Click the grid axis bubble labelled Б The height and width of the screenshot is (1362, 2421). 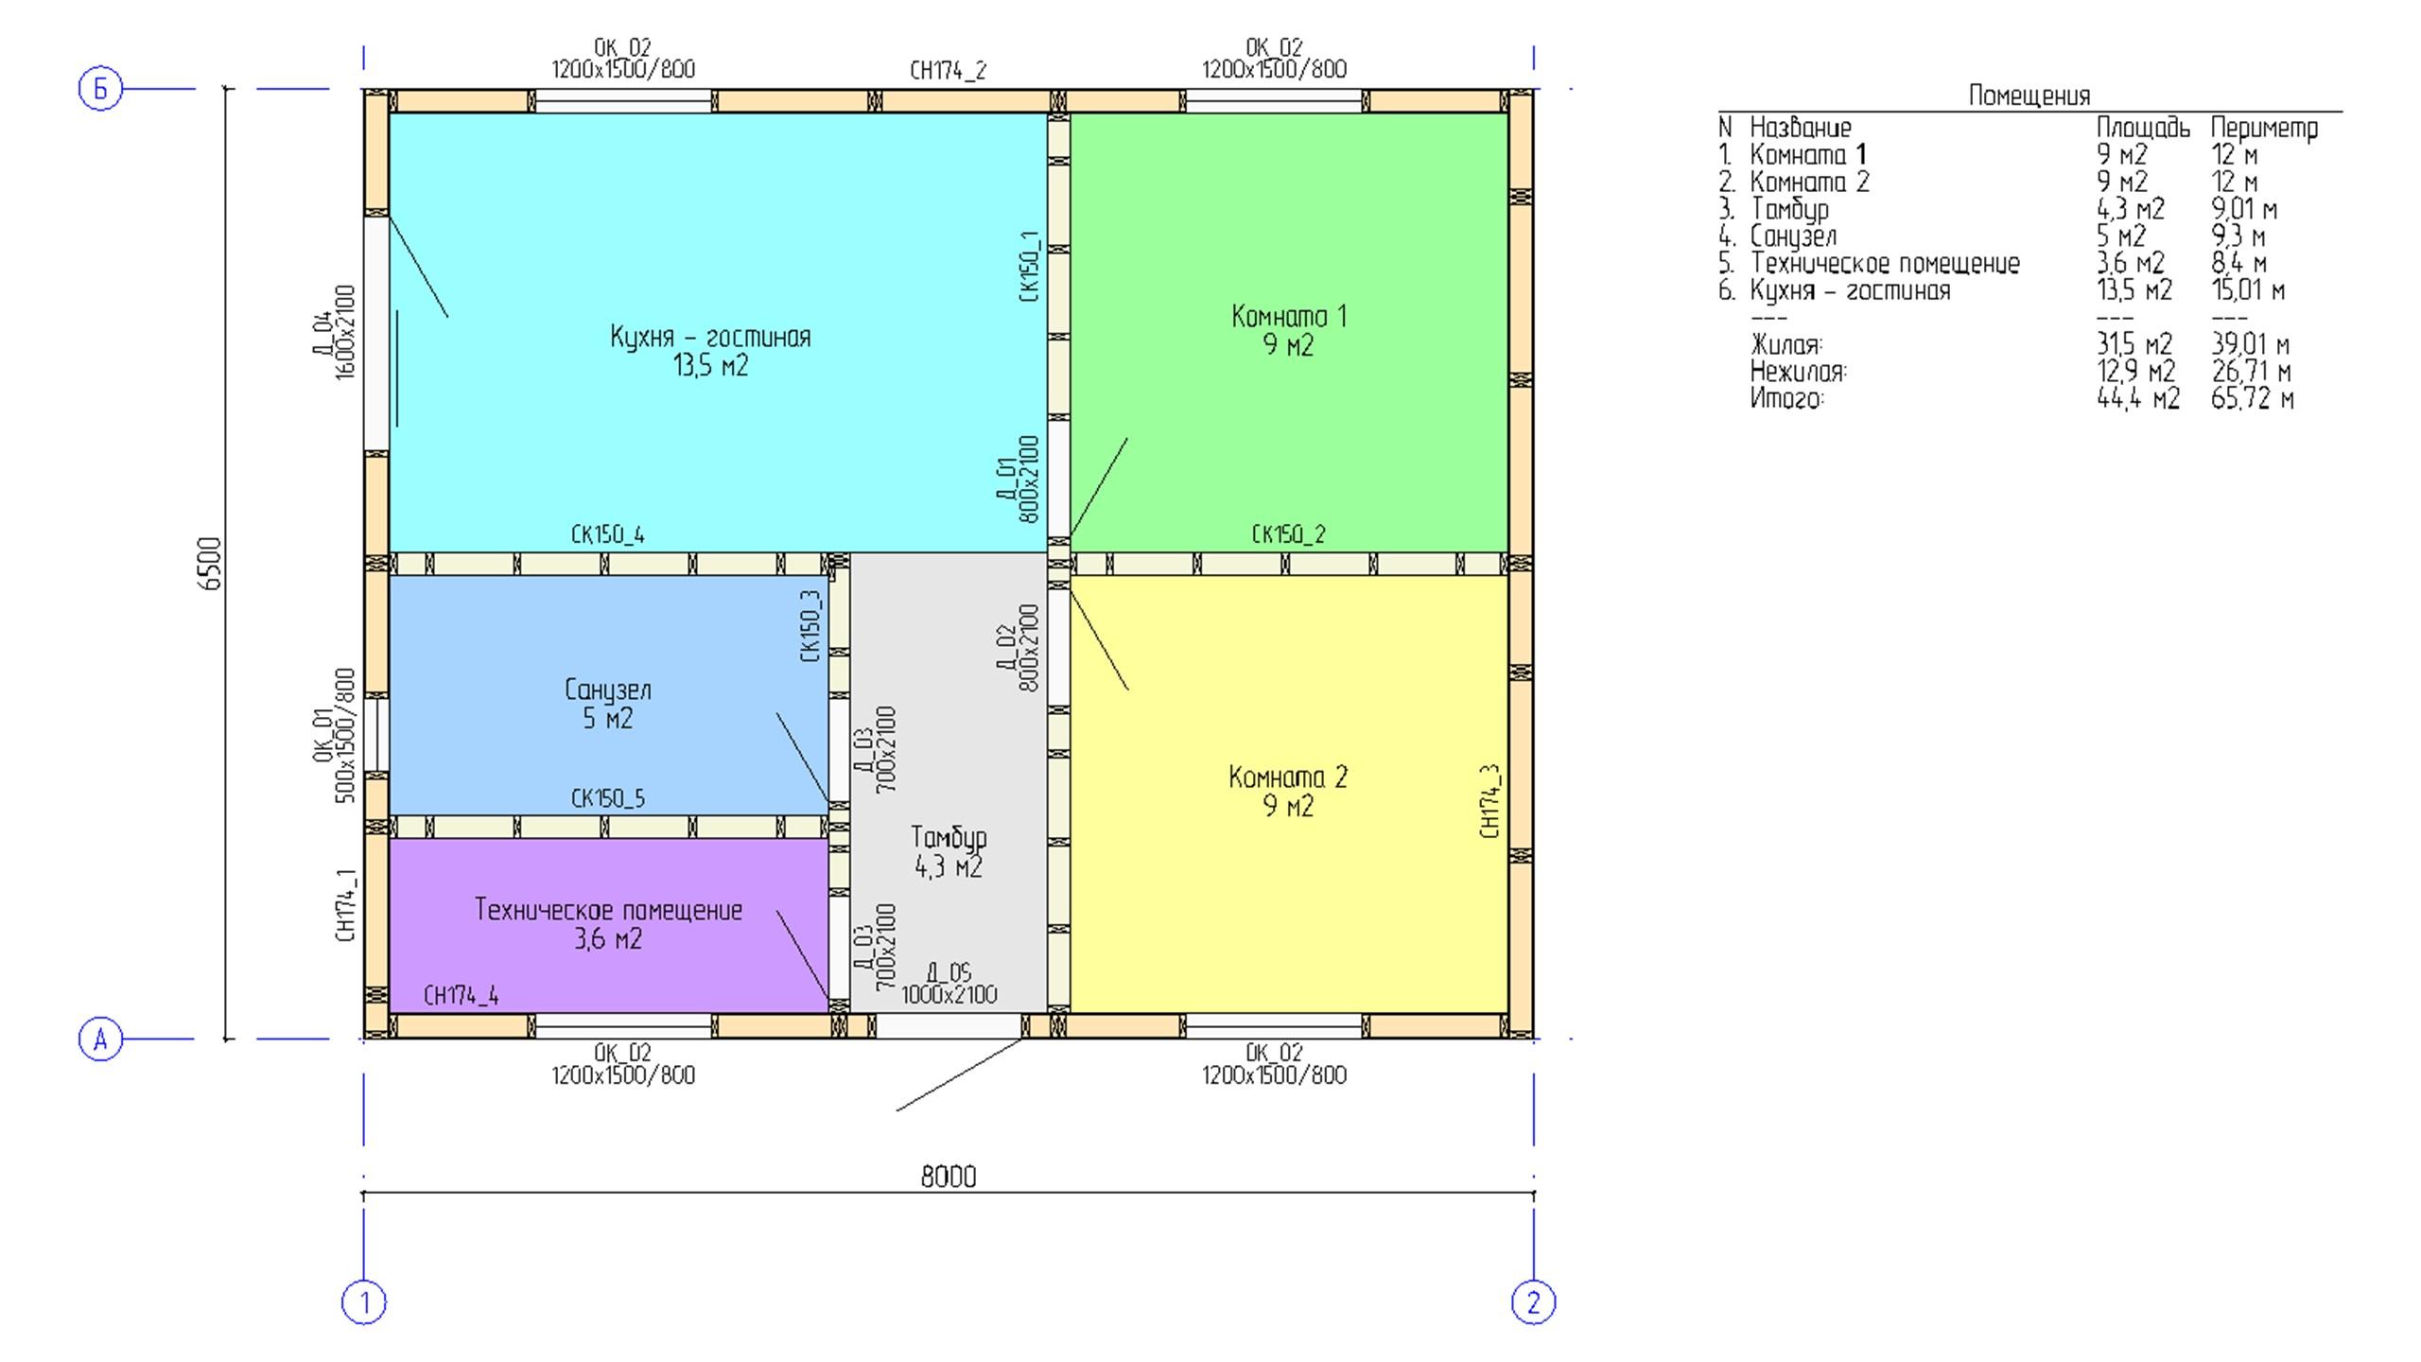pos(100,89)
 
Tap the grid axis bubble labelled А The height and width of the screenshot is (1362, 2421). pos(100,1039)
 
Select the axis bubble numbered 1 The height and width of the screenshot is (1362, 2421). pos(364,1302)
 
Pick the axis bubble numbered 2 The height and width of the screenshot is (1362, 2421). pos(1534,1302)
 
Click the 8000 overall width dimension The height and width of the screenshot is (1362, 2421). pos(949,1177)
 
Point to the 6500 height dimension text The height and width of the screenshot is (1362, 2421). pos(210,564)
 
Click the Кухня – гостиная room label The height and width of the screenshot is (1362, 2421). pos(710,338)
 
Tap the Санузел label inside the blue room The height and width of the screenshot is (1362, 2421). pos(608,690)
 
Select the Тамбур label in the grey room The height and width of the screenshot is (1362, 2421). pos(949,838)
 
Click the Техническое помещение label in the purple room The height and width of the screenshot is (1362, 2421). pos(608,911)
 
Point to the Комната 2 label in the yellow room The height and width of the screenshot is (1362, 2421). pos(1288,777)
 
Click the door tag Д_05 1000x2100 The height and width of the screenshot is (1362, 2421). pos(949,984)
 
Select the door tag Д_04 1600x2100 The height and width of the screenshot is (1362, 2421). pos(334,333)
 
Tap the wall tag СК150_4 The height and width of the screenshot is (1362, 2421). pos(608,534)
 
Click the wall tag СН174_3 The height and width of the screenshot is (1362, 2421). pos(1489,800)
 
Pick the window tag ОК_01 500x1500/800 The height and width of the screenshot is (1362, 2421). pos(334,736)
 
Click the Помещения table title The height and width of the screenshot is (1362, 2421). pos(2029,96)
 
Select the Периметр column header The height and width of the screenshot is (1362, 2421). pos(2264,129)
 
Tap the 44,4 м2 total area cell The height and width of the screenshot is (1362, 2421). pos(2138,398)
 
